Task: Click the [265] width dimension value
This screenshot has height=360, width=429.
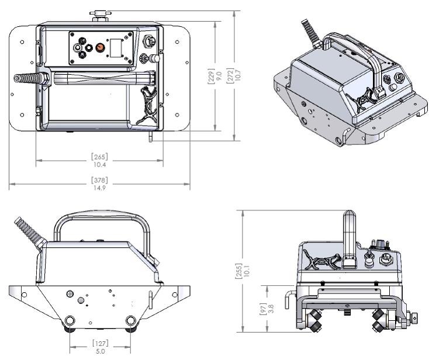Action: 99,157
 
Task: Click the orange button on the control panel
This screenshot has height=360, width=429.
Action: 100,46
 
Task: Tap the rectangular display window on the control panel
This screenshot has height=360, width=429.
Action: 119,47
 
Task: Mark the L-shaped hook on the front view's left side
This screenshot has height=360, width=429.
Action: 287,295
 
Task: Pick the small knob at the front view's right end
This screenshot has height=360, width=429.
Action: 415,319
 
